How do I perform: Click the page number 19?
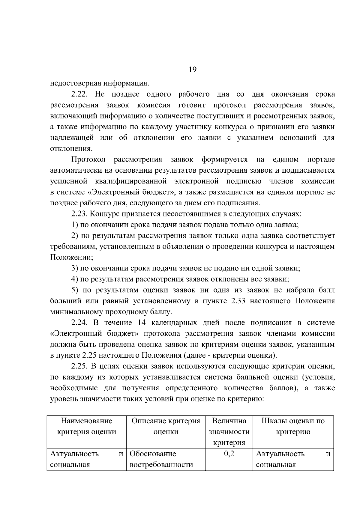pos(193,70)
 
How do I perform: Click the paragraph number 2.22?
pos(79,94)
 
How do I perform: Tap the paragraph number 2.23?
pos(79,214)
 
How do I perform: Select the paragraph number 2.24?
pos(79,323)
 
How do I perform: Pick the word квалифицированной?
pos(130,181)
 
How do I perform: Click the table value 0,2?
pos(229,454)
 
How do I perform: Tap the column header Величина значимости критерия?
pos(229,432)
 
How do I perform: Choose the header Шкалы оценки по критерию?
pos(293,426)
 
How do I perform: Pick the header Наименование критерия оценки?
pos(86,426)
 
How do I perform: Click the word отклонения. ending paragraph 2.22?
pos(71,149)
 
